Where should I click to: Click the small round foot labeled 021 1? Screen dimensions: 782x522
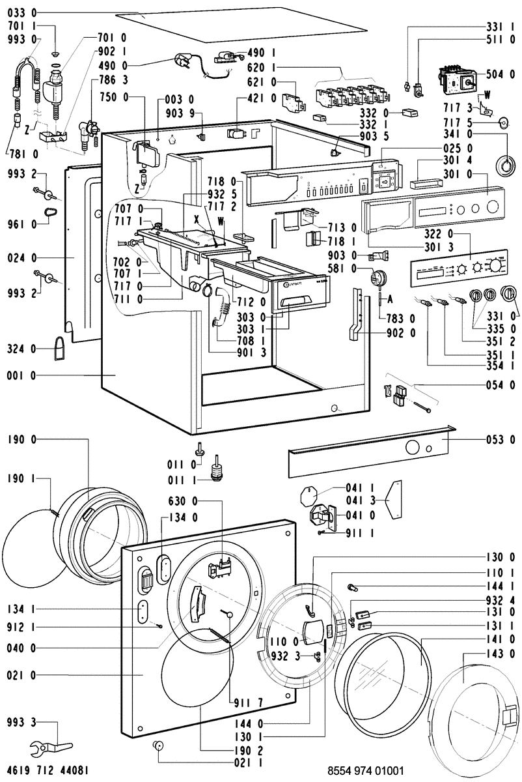tap(157, 745)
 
